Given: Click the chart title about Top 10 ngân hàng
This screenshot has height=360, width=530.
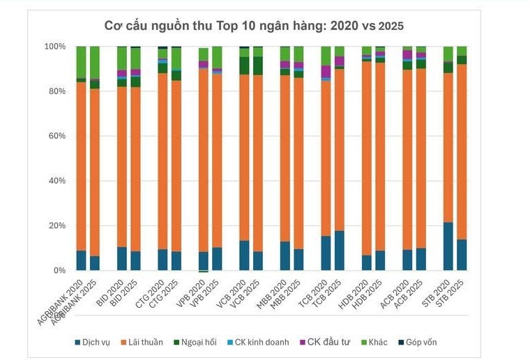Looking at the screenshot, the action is (254, 26).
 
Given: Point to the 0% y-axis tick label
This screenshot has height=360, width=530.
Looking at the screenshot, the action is (59, 271).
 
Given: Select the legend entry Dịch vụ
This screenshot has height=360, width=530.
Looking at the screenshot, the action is (92, 342).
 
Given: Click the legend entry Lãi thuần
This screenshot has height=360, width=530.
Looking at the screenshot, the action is (142, 342).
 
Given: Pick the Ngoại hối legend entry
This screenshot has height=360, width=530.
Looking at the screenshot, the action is (195, 342).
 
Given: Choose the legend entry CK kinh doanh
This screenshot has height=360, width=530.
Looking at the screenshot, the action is (258, 342).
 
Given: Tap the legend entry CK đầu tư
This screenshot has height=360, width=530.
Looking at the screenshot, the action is (325, 342).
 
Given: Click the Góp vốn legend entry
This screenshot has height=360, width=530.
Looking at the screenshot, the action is (418, 342).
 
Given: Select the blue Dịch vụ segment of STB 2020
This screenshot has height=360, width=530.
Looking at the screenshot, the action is (448, 246).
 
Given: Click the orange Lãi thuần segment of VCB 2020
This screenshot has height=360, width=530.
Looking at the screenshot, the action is (244, 158).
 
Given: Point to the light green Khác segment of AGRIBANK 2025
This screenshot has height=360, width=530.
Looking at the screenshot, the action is (95, 63).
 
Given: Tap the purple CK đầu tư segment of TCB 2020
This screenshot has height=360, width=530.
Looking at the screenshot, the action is (326, 71).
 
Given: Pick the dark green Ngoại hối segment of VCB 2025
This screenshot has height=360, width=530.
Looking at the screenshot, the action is (258, 66).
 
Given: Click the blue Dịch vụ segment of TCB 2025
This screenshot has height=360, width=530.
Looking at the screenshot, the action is (340, 250).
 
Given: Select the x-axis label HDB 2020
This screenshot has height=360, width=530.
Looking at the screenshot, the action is (352, 294).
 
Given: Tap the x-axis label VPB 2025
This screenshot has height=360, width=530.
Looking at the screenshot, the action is (203, 294).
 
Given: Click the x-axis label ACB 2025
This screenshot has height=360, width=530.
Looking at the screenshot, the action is (408, 294).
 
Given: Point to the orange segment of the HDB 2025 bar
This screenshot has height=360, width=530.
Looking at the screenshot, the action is (380, 156).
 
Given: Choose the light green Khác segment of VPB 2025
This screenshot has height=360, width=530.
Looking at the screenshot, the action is (218, 57).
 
